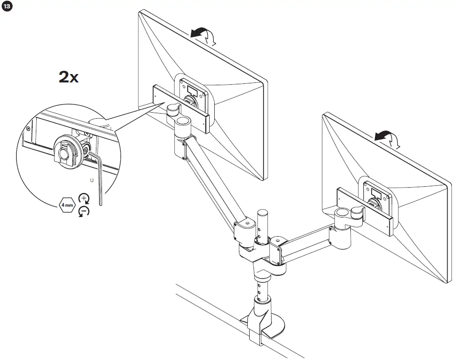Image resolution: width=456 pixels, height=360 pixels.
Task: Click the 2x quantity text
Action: point(68,77)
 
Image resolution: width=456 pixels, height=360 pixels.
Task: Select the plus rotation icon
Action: point(84,197)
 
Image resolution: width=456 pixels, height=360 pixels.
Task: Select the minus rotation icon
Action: point(84,212)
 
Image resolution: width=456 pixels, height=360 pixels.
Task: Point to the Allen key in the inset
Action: point(99,177)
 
